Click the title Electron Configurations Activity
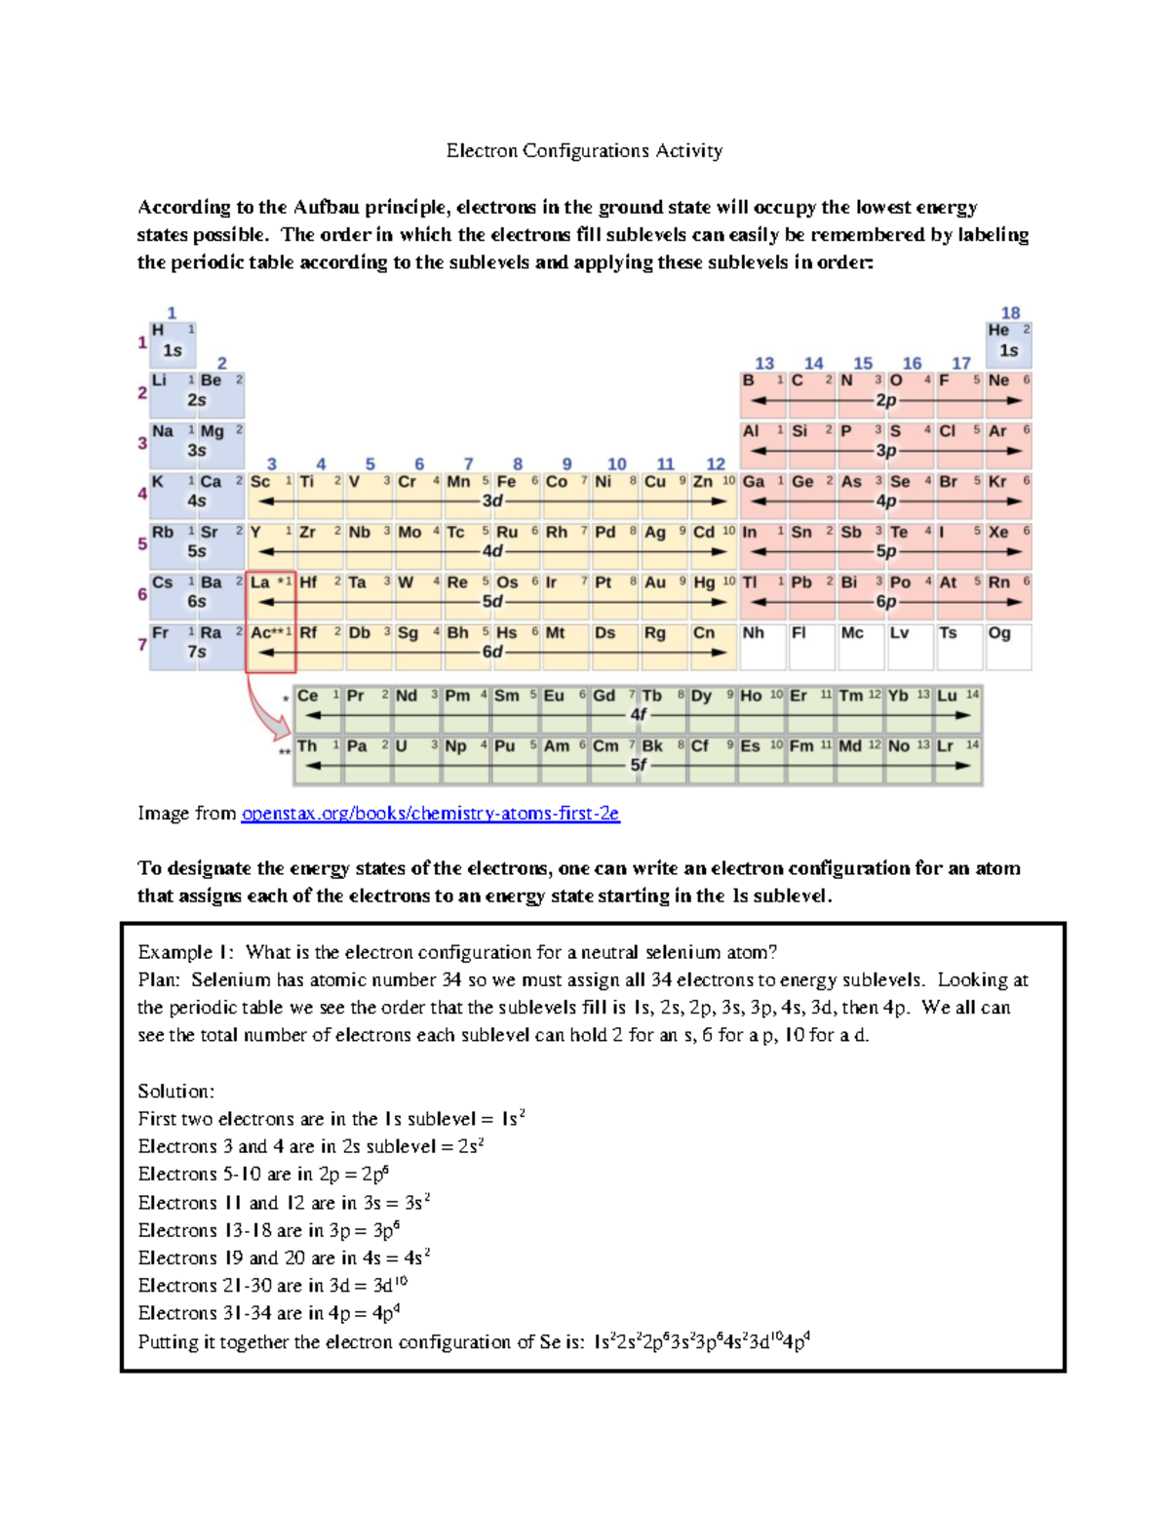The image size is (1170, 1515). click(x=584, y=150)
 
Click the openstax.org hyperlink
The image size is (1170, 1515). click(x=430, y=813)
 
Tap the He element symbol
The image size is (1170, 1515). click(x=998, y=331)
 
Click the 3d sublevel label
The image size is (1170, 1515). click(x=492, y=500)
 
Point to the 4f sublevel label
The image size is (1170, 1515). click(x=639, y=714)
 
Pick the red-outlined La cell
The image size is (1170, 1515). click(x=270, y=595)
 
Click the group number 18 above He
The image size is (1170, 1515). click(x=1010, y=313)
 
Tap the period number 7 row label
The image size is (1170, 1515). click(x=142, y=644)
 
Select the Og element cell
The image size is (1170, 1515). click(x=1007, y=644)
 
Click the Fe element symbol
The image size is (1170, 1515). click(x=506, y=482)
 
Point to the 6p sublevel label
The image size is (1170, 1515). click(x=885, y=602)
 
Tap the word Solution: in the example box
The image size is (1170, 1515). click(x=175, y=1091)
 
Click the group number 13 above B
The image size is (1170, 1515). click(x=764, y=364)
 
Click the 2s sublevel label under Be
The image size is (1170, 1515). click(x=197, y=400)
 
